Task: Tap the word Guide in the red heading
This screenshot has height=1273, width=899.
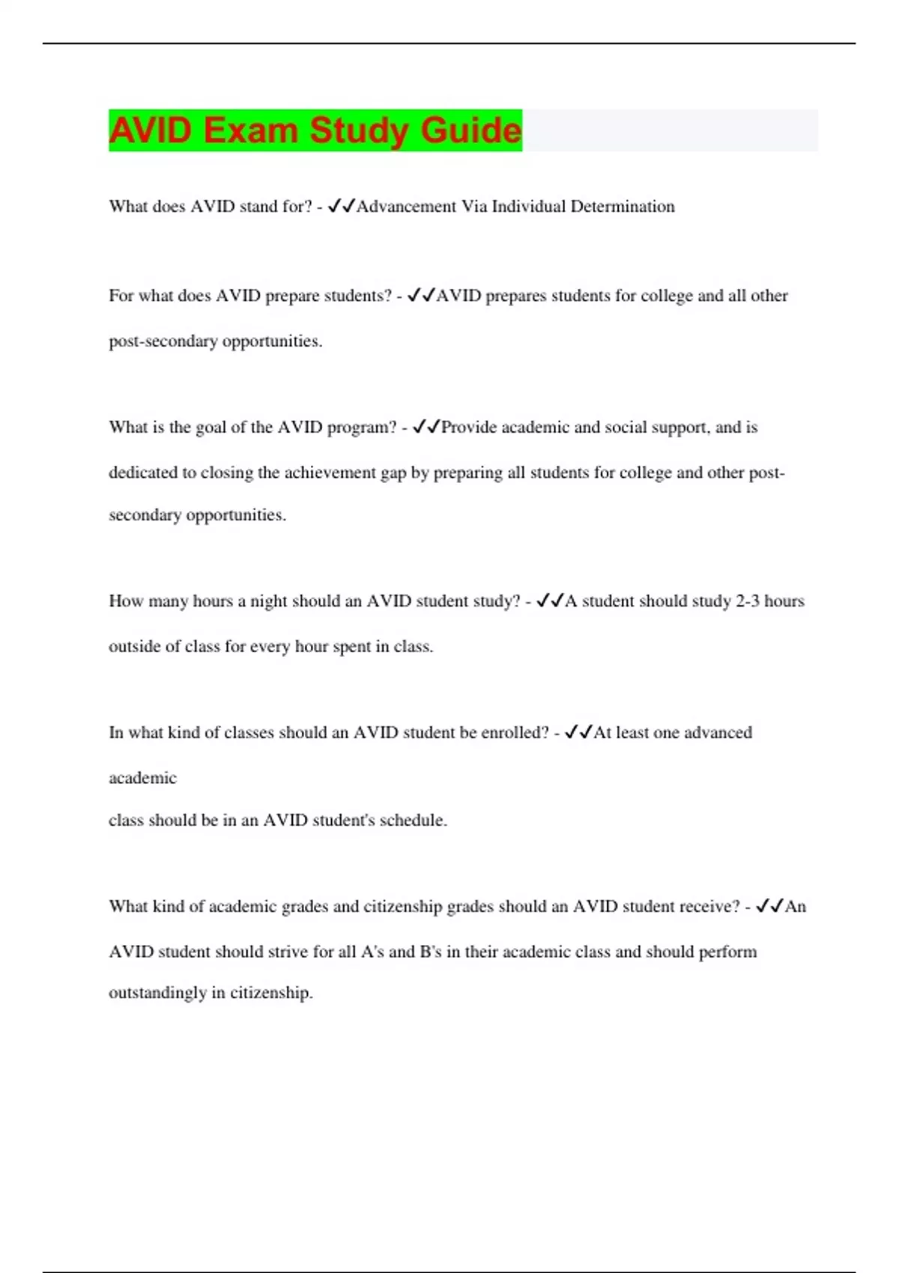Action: pyautogui.click(x=470, y=130)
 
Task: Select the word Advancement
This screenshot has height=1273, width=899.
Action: pyautogui.click(x=406, y=207)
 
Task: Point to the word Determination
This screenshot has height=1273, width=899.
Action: pyautogui.click(x=623, y=207)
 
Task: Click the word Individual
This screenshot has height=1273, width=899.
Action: pyautogui.click(x=528, y=207)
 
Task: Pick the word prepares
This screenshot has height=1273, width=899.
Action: pyautogui.click(x=516, y=297)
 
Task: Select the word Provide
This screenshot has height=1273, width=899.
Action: pyautogui.click(x=469, y=428)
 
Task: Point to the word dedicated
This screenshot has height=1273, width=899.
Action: pyautogui.click(x=142, y=473)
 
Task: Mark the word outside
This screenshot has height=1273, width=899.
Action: pyautogui.click(x=134, y=646)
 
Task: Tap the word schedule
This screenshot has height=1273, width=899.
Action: pyautogui.click(x=412, y=821)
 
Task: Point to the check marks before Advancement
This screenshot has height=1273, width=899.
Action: pyautogui.click(x=342, y=206)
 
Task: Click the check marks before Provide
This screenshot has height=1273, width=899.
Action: pyautogui.click(x=426, y=427)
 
